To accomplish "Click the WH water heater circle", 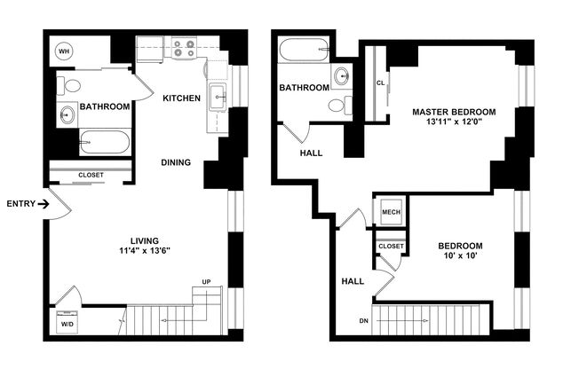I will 64,51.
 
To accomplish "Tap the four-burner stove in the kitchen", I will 184,48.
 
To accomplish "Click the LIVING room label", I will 143,240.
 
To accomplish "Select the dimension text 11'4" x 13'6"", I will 143,251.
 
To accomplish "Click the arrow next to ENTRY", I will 43,204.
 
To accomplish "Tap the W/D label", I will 67,324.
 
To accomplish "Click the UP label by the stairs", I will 206,283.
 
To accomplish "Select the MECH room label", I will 391,213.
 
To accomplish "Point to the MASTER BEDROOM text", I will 453,112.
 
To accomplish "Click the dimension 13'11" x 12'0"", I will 453,123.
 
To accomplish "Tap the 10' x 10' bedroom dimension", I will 459,257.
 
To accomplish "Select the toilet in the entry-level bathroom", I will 71,86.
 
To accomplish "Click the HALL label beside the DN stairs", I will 353,281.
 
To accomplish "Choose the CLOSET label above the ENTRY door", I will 91,175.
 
